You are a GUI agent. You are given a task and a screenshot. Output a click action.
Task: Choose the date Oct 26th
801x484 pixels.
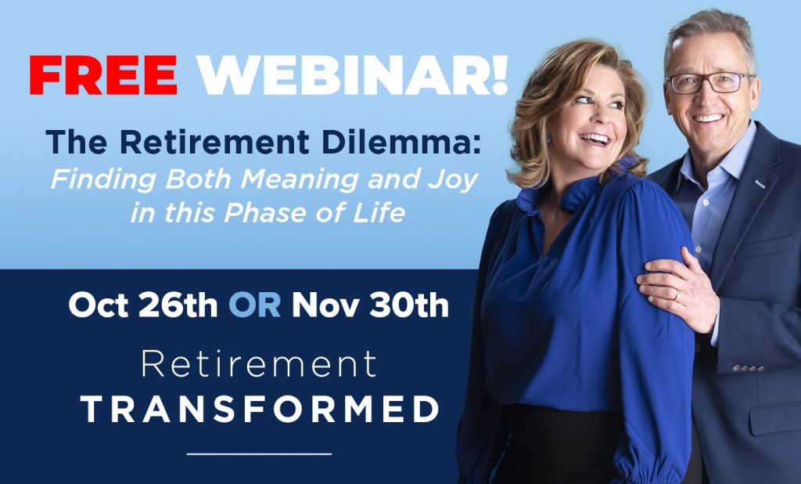coord(143,305)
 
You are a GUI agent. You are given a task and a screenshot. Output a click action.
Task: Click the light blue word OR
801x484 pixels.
coord(254,305)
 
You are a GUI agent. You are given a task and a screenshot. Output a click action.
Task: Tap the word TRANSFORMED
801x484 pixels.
coord(260,410)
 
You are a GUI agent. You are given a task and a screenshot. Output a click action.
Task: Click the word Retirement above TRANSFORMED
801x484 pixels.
coord(260,365)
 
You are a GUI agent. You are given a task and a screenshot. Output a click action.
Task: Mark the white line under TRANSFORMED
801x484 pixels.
coord(260,453)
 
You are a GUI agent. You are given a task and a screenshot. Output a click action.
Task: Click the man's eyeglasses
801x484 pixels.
coord(708,82)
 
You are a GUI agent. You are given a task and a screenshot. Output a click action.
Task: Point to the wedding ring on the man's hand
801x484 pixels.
coord(677,294)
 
